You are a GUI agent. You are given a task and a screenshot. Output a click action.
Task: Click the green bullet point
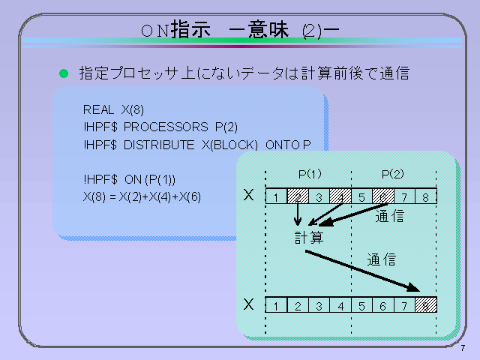tap(64, 74)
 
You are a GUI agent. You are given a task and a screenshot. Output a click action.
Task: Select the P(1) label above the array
tap(310, 174)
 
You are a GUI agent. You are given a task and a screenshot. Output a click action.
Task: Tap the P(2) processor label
tap(392, 174)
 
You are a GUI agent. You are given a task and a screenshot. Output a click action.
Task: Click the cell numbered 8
tap(425, 197)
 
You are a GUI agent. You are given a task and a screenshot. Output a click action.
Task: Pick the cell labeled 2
tap(298, 306)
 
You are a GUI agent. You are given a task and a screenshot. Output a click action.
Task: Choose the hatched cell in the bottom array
tap(425, 305)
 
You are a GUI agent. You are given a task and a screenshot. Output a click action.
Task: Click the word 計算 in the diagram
tap(309, 238)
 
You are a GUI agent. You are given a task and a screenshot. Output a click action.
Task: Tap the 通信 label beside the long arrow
tap(381, 260)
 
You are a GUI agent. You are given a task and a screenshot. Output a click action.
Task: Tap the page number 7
tap(463, 347)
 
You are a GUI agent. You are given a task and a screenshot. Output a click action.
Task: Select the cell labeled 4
tap(340, 306)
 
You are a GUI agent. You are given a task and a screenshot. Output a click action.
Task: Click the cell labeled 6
tap(382, 306)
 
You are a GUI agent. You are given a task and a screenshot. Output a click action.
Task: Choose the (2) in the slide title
tap(311, 31)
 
